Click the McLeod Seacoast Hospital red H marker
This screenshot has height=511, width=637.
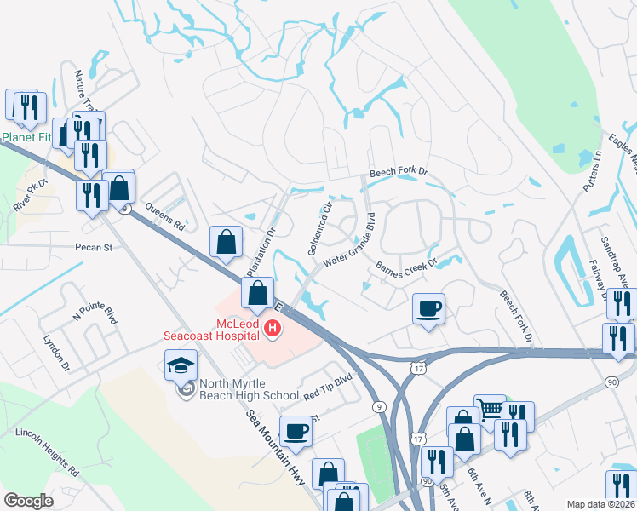(x=273, y=327)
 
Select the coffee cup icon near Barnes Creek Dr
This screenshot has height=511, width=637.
(x=429, y=307)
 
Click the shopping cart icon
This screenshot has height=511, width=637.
(x=490, y=411)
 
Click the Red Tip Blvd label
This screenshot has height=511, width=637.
(x=328, y=388)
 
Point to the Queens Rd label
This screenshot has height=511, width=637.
(x=164, y=222)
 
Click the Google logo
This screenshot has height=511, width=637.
(x=28, y=501)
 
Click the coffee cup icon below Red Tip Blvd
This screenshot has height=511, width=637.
(x=296, y=431)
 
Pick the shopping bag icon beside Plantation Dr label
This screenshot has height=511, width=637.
(x=227, y=242)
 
